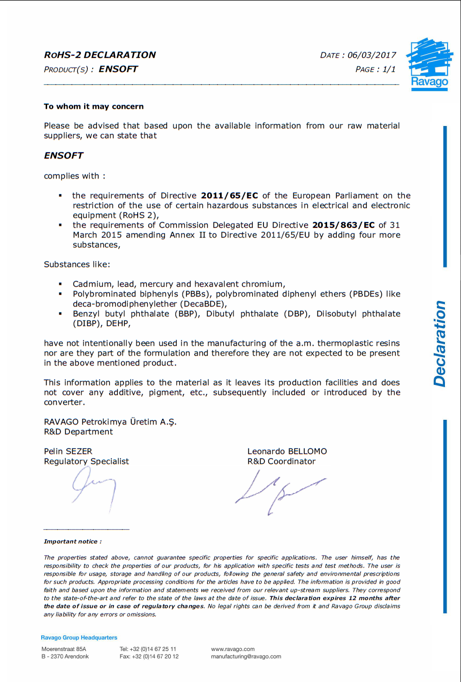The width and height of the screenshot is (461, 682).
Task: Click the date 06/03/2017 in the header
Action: (372, 55)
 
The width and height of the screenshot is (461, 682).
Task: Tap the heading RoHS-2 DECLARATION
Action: (100, 55)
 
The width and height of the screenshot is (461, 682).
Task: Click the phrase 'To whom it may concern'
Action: (94, 107)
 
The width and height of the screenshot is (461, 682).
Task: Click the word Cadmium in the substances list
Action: (92, 284)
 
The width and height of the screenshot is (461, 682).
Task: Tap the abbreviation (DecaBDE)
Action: (202, 304)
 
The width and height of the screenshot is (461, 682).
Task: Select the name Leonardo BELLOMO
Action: (287, 451)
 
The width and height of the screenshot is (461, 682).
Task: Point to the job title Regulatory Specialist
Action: (86, 461)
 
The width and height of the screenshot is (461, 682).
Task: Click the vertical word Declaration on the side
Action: (440, 344)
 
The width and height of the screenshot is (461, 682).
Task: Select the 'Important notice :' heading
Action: (73, 542)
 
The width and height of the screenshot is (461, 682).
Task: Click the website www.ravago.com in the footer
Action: (233, 649)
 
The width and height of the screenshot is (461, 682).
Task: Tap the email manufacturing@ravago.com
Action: (246, 656)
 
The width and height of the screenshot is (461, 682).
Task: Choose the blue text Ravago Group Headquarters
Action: (79, 637)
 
